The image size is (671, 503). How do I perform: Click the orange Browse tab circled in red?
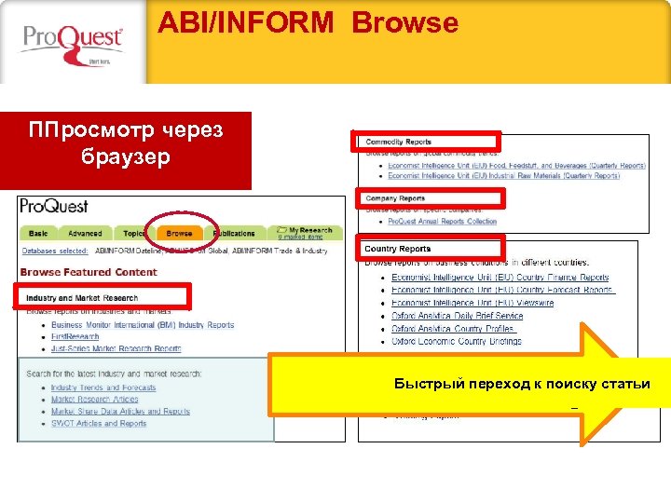tap(179, 233)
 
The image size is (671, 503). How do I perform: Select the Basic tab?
tap(38, 233)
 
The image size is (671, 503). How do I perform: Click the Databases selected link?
tap(55, 251)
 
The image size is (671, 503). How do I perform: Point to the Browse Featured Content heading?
tap(89, 272)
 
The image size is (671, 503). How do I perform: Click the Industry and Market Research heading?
tap(82, 298)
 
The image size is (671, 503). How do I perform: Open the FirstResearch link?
tap(75, 337)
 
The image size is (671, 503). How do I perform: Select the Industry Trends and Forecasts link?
tap(103, 387)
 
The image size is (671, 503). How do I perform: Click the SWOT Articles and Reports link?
tap(99, 423)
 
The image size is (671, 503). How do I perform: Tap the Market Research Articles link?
tap(94, 400)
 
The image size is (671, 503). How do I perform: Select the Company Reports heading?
tap(395, 198)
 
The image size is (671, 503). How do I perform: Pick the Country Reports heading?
tap(398, 249)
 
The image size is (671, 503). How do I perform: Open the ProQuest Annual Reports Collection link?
tap(443, 222)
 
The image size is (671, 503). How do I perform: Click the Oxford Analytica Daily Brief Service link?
tap(457, 316)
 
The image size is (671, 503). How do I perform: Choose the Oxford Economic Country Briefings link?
tap(457, 341)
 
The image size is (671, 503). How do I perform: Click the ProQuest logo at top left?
tap(72, 42)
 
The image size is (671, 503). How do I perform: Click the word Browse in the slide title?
tap(404, 22)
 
